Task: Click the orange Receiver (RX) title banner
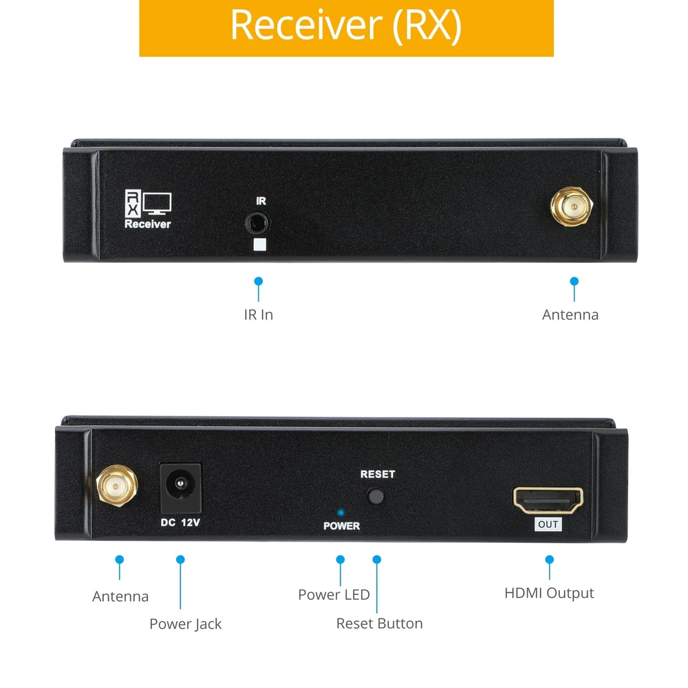click(346, 28)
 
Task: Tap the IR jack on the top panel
click(258, 223)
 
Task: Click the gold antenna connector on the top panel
click(571, 206)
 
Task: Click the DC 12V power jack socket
click(180, 486)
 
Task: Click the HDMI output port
click(548, 499)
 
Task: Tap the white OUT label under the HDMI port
click(548, 525)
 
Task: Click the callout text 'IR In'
click(258, 314)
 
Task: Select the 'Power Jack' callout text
click(185, 624)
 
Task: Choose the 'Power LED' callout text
click(334, 594)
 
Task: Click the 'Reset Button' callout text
click(379, 623)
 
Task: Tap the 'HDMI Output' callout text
click(549, 593)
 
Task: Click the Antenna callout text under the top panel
click(570, 314)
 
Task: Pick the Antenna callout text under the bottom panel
click(120, 596)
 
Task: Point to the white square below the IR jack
click(259, 245)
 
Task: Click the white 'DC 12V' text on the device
click(180, 523)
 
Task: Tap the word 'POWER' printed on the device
click(341, 526)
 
